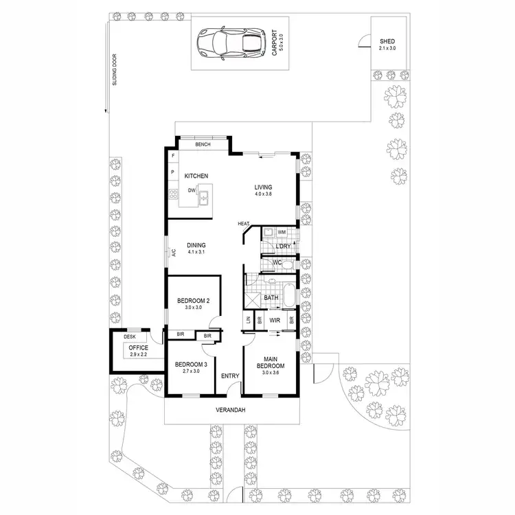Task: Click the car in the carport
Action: tap(230, 43)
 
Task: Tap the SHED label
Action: tap(387, 41)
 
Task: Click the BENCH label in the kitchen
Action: tap(203, 145)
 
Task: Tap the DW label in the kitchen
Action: tap(192, 190)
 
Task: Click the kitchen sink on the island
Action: tap(203, 198)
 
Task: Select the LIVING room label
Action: tap(263, 187)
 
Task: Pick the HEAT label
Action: tap(243, 224)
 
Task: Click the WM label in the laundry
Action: tap(282, 232)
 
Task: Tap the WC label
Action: tap(277, 262)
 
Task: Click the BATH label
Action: tap(271, 298)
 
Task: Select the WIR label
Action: tap(275, 320)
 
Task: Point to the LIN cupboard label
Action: tap(247, 320)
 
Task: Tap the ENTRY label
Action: tap(229, 376)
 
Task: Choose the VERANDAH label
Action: tap(231, 410)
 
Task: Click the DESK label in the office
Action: tap(130, 336)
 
